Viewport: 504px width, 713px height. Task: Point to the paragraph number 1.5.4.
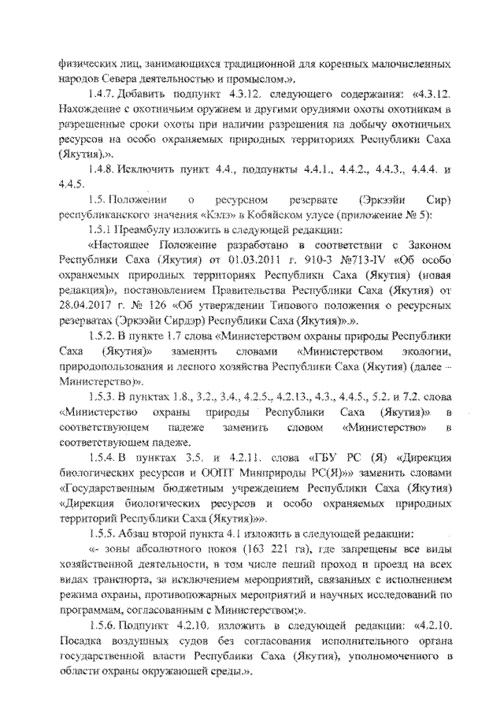(x=102, y=470)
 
